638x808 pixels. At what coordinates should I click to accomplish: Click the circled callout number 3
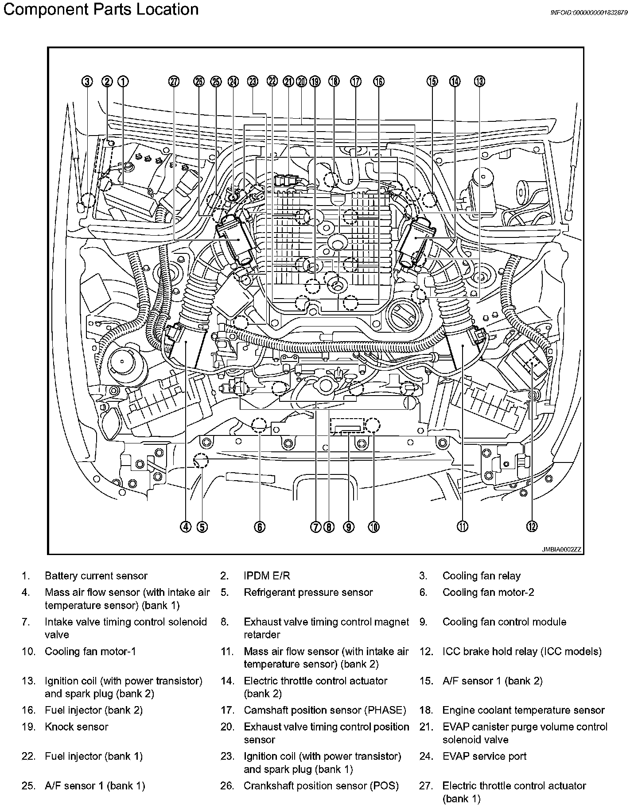[88, 82]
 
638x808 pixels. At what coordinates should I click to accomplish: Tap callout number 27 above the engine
[174, 82]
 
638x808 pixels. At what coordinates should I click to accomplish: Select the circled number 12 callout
[532, 526]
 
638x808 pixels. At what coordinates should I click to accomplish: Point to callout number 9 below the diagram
[349, 526]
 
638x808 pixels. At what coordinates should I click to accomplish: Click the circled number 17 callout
[356, 82]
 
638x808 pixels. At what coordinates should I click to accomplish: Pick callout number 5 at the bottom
[202, 526]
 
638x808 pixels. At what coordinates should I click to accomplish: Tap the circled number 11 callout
[463, 526]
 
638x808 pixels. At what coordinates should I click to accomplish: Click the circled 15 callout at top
[432, 82]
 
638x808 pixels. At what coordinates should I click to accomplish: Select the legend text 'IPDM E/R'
[267, 576]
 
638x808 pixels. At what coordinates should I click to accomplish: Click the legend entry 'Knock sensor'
[76, 727]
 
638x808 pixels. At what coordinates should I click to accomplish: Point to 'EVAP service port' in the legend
[484, 756]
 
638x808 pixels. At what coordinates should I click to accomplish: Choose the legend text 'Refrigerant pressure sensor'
[308, 592]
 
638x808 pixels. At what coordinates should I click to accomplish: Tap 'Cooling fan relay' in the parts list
[482, 576]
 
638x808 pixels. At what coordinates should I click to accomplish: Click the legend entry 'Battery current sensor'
[96, 576]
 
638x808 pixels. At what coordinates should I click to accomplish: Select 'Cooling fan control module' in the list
[504, 622]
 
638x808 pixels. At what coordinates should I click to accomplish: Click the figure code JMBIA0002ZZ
[561, 549]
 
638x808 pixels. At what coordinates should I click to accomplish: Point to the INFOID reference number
[589, 13]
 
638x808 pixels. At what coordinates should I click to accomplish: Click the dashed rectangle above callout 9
[347, 426]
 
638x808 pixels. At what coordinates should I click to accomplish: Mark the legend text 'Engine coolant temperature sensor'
[523, 711]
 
